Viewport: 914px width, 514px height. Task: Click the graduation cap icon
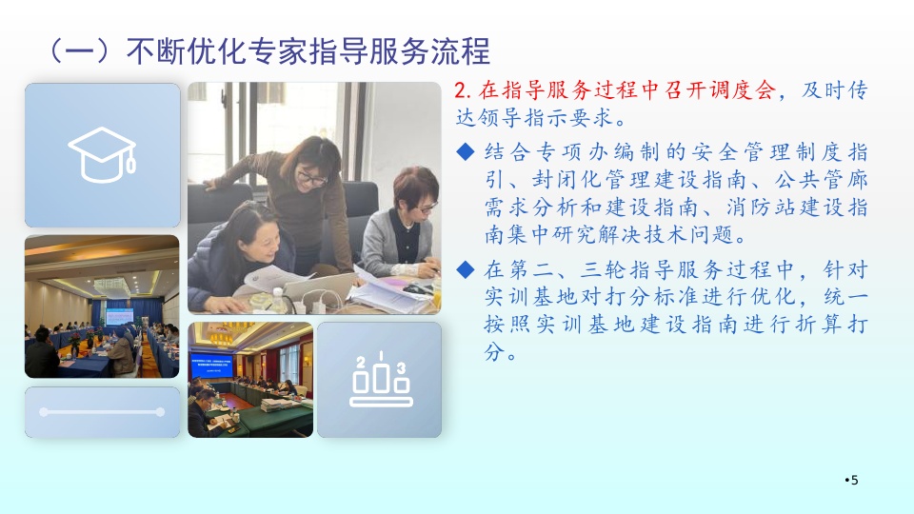point(103,154)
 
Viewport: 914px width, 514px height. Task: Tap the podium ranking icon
point(381,379)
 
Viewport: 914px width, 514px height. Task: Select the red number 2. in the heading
point(463,90)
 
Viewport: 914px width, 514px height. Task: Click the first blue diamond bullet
point(466,152)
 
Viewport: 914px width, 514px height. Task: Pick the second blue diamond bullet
point(466,269)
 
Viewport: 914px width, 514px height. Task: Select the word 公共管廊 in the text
point(822,180)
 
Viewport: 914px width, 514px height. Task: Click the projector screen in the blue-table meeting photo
point(120,316)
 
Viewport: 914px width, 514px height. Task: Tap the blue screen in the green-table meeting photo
point(211,366)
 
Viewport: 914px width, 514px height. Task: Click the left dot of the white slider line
point(44,412)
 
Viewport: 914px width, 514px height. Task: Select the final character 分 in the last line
point(494,352)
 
